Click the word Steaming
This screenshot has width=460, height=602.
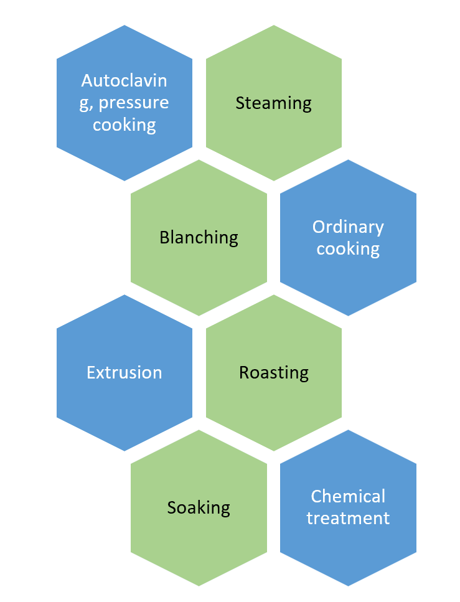273,103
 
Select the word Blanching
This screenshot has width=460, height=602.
199,237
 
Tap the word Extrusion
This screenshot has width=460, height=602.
124,372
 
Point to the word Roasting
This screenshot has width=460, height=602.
273,372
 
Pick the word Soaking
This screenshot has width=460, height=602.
199,507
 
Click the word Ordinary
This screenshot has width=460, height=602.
348,227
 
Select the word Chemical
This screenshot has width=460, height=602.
348,496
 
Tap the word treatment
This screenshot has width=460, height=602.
348,518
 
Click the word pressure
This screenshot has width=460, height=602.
134,103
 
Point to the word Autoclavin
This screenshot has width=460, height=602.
124,81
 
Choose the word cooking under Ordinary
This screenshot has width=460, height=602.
348,248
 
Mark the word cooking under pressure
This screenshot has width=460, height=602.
124,125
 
